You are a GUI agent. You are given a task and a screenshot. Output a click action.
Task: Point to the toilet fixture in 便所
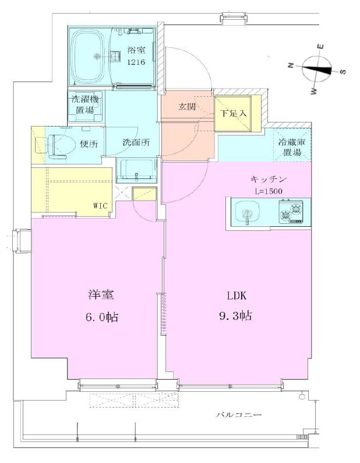click(x=59, y=145)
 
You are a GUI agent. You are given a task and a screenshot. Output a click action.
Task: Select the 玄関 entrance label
click(x=187, y=107)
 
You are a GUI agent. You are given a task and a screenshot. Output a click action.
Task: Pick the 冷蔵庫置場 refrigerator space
click(x=290, y=148)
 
